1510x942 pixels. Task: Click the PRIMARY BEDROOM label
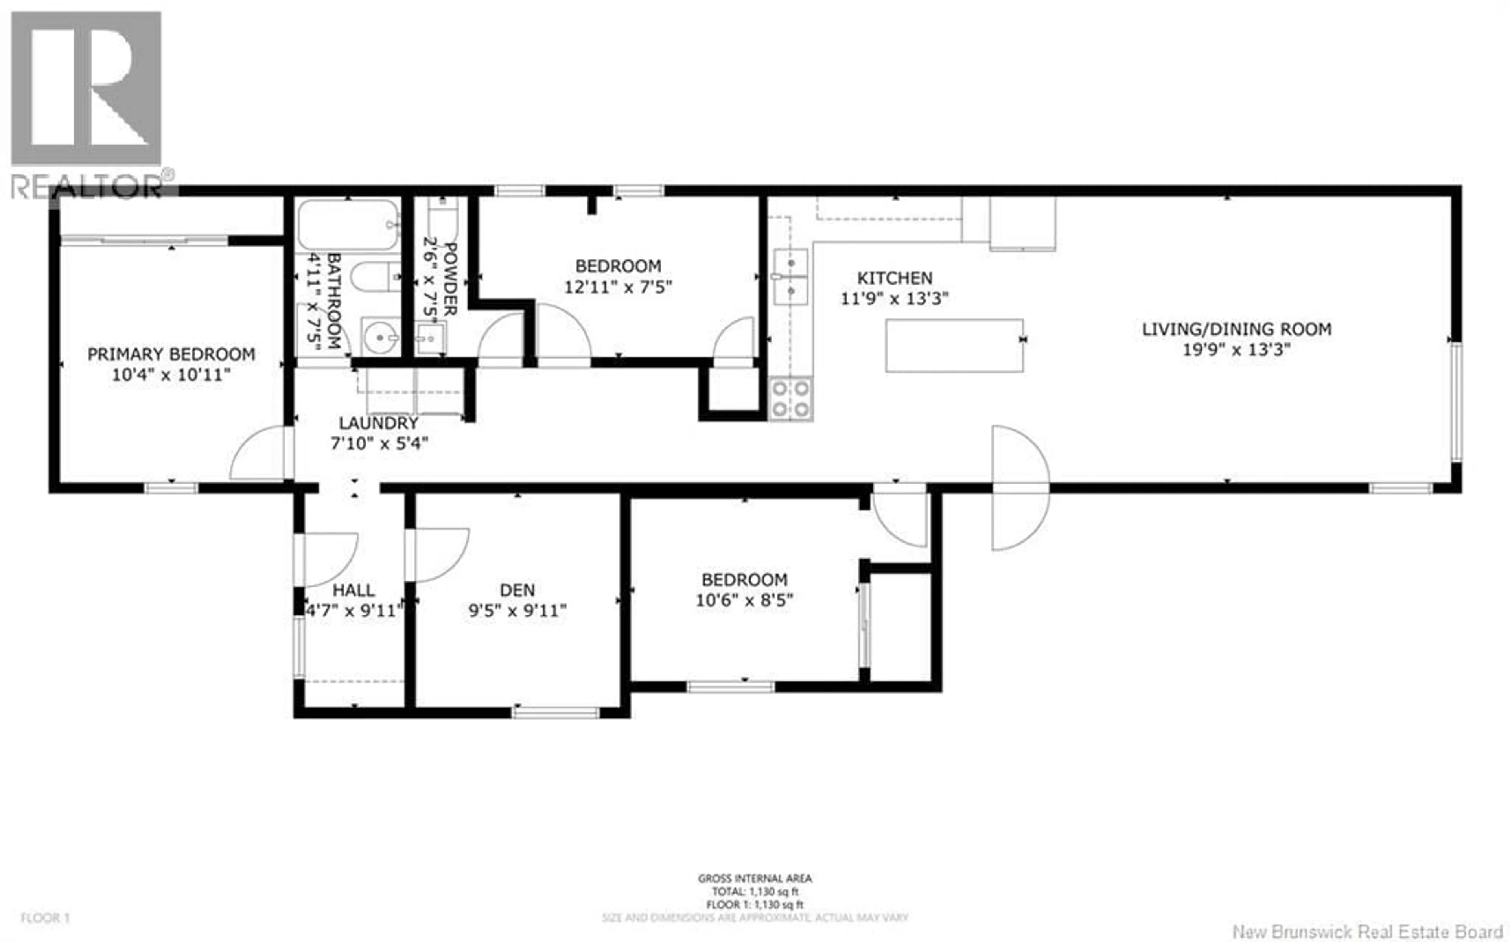(171, 354)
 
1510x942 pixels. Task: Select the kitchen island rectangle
(954, 346)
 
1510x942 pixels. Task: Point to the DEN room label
(517, 589)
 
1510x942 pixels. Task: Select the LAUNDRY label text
(378, 423)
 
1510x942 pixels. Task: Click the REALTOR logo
(87, 103)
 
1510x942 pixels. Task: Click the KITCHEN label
(895, 278)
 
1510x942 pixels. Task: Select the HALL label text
(353, 589)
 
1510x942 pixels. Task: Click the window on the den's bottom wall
(556, 712)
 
